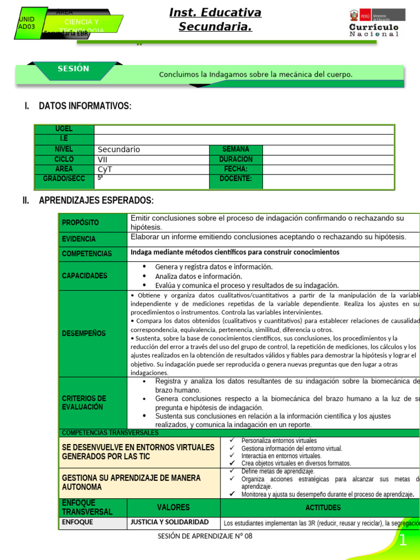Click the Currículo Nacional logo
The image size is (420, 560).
click(374, 24)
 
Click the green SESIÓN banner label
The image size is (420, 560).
click(73, 69)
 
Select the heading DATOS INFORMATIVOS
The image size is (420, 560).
click(85, 106)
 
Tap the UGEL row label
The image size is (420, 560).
click(64, 129)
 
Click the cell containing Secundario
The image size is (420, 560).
click(151, 149)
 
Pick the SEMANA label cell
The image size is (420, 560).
click(236, 149)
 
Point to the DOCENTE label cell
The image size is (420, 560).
click(236, 179)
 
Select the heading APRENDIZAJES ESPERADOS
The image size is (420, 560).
click(96, 201)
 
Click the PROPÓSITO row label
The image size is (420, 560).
click(80, 223)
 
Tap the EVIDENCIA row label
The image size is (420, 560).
click(79, 239)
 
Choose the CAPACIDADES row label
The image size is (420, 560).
click(85, 276)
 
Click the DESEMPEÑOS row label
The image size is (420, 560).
click(84, 333)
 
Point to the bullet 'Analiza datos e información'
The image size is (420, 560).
click(198, 276)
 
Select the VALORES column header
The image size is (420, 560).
click(173, 507)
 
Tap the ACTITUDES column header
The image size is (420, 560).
click(323, 507)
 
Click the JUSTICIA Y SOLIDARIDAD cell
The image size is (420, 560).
click(169, 522)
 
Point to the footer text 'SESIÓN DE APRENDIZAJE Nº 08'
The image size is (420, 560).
click(205, 536)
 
